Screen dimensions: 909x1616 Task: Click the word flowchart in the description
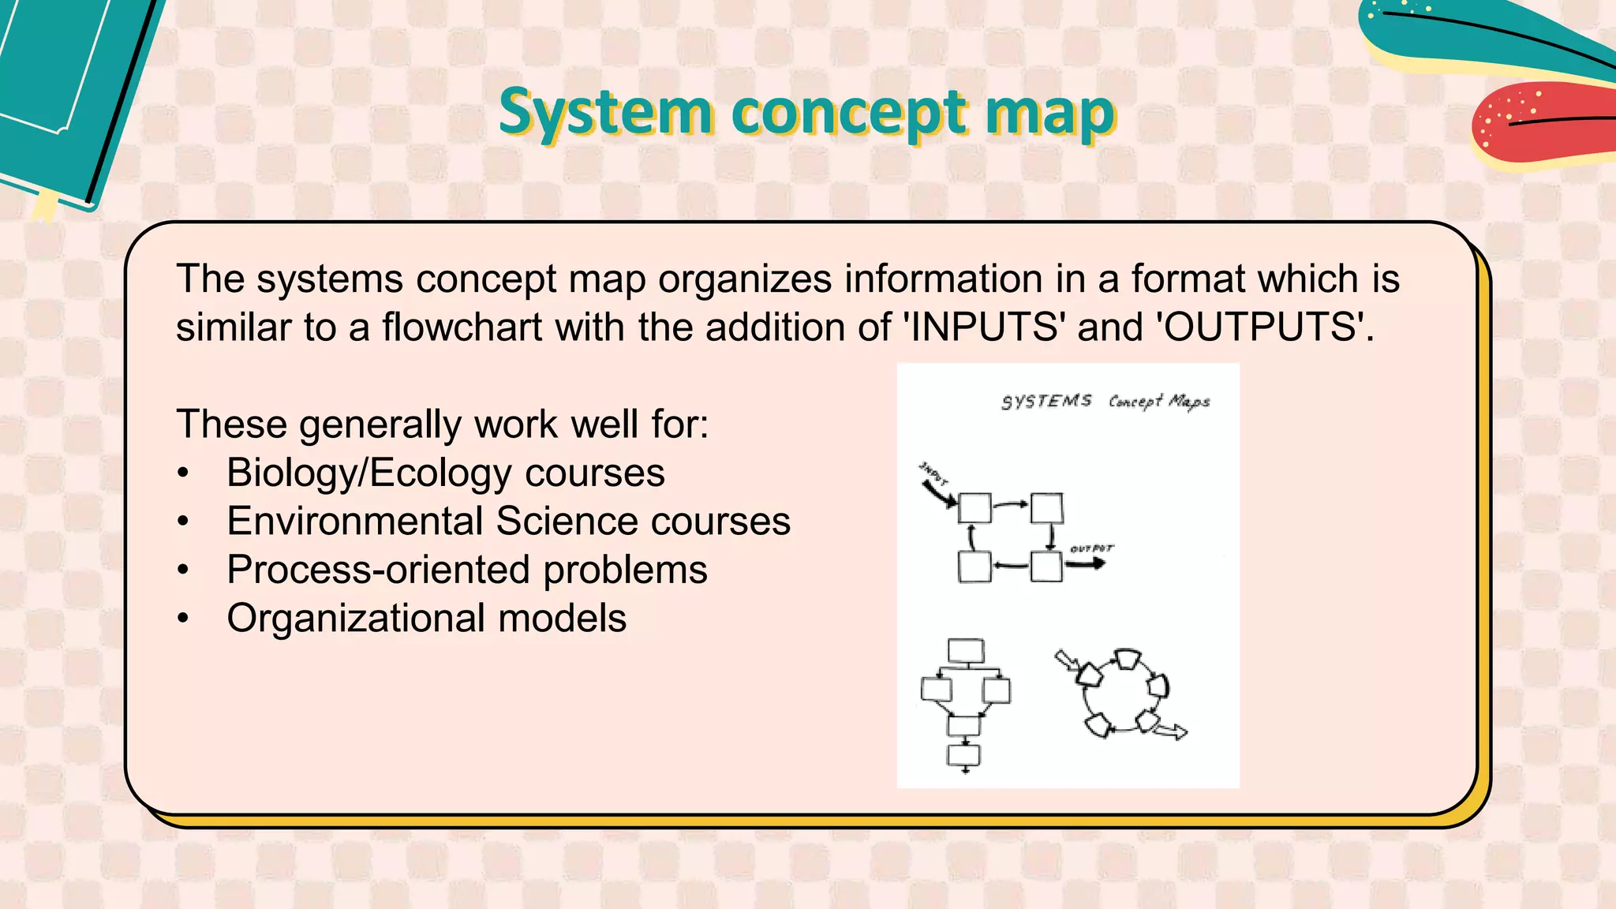click(x=462, y=327)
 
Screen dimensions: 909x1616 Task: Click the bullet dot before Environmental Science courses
click(x=183, y=522)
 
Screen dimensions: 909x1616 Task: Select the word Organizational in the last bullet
click(x=355, y=618)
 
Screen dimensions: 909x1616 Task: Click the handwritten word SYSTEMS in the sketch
click(x=1046, y=402)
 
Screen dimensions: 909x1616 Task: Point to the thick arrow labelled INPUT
click(x=939, y=494)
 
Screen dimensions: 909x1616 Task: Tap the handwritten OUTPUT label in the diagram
click(x=1091, y=548)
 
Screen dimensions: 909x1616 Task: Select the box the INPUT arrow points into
click(x=974, y=508)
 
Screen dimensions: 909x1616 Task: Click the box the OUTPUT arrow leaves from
click(x=1046, y=567)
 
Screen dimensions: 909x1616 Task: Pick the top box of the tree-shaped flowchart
click(x=966, y=651)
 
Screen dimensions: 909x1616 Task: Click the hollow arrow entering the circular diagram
click(x=1066, y=660)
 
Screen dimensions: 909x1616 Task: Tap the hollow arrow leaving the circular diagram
click(x=1170, y=731)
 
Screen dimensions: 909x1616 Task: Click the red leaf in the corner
click(x=1539, y=122)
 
